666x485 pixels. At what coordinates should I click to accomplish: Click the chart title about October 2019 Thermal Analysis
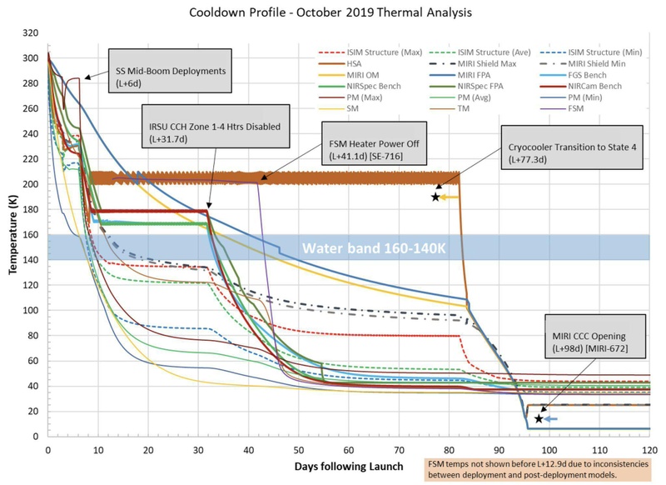coord(333,14)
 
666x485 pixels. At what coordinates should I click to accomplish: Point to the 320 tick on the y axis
coord(32,33)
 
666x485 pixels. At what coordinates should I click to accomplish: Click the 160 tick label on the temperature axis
coord(32,235)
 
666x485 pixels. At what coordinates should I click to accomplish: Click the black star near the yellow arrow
coord(435,197)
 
